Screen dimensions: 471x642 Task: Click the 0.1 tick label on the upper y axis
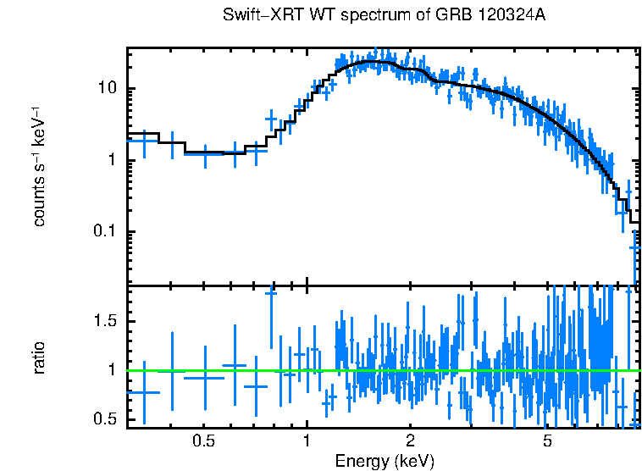(x=105, y=232)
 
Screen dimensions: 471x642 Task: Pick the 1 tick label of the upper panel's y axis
(x=113, y=161)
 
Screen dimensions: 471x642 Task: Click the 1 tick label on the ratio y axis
(x=113, y=370)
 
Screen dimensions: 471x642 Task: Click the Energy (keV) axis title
(x=384, y=461)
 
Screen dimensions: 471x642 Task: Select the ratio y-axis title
(x=40, y=357)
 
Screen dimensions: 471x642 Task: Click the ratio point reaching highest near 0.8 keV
(x=271, y=293)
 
